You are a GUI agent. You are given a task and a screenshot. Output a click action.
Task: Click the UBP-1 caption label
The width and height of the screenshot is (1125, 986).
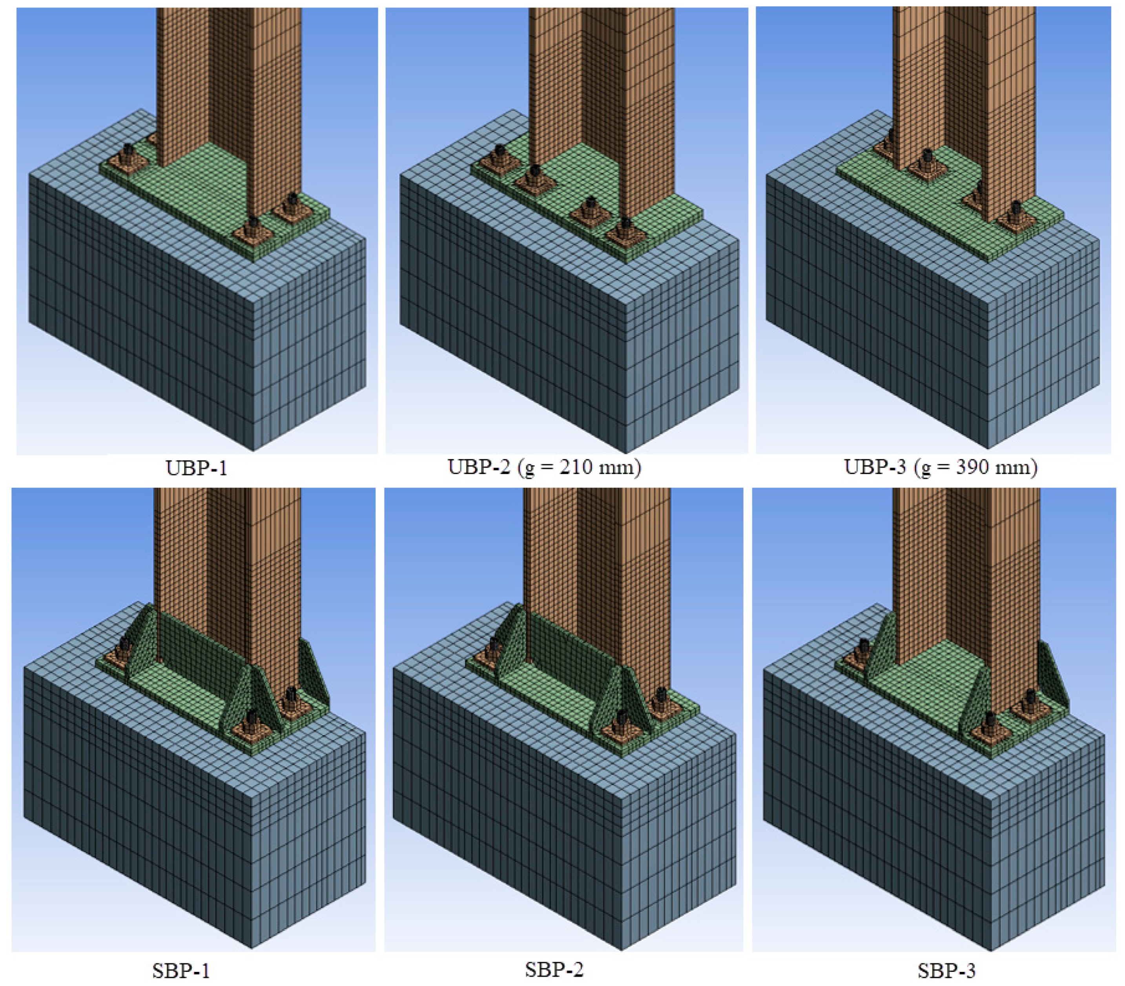[x=196, y=468]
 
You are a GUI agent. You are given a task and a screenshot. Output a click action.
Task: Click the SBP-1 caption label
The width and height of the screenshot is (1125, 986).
[x=181, y=971]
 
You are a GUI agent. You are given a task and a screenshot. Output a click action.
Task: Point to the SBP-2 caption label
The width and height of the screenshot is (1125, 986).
[x=554, y=969]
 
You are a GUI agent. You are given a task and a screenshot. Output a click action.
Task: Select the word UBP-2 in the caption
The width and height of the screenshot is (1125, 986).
[x=479, y=467]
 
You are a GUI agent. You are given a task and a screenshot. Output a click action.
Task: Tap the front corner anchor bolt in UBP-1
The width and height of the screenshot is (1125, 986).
[x=252, y=226]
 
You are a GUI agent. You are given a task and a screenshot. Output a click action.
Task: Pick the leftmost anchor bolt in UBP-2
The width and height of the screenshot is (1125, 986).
[x=500, y=153]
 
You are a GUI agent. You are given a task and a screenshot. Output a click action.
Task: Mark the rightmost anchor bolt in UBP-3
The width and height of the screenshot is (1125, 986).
[x=1016, y=211]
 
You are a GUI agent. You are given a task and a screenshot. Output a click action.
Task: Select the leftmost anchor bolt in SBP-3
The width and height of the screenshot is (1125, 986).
[x=864, y=649]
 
